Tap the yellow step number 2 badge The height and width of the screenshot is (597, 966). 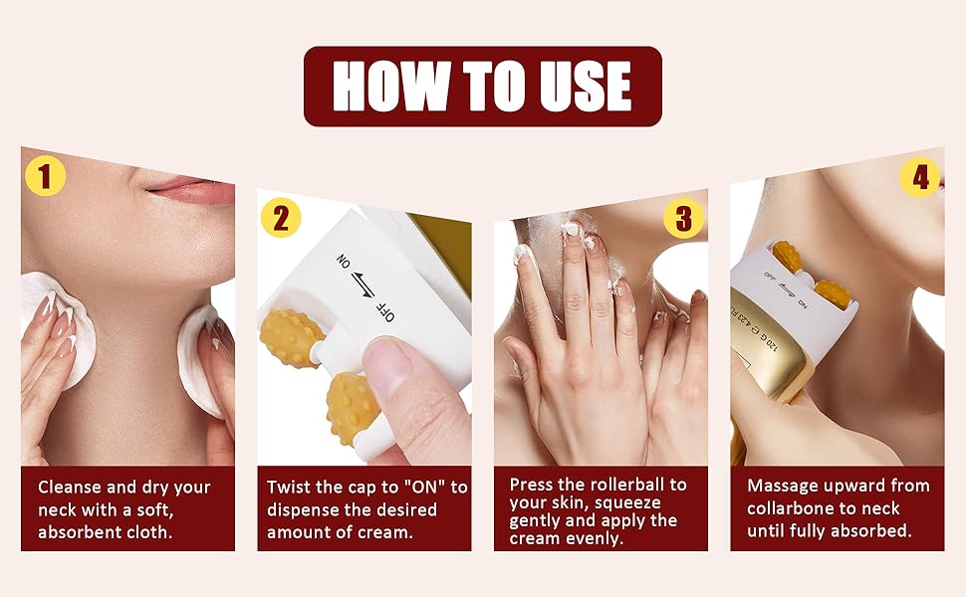click(280, 218)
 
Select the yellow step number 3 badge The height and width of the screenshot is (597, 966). click(683, 218)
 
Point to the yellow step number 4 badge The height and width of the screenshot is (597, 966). click(920, 177)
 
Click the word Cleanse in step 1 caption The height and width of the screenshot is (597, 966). click(70, 488)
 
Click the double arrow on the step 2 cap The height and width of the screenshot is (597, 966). click(362, 285)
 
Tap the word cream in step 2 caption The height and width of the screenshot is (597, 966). click(388, 533)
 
